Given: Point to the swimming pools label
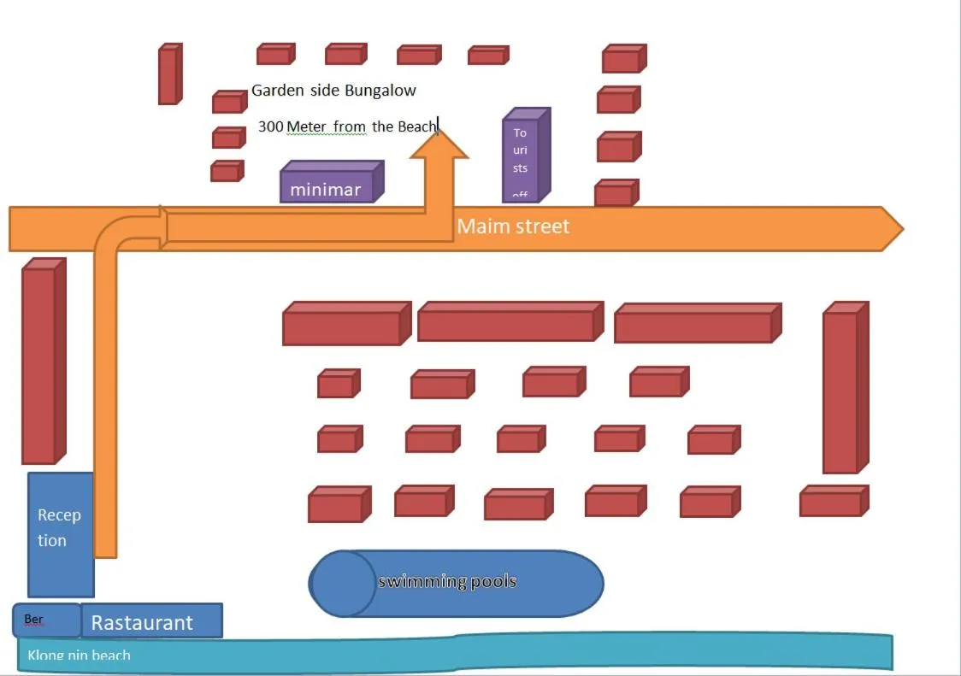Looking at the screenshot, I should pyautogui.click(x=447, y=582).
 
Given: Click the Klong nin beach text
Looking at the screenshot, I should pyautogui.click(x=80, y=655).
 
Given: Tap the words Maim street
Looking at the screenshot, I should pyautogui.click(x=513, y=226).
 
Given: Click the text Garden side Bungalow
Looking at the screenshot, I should pyautogui.click(x=333, y=90).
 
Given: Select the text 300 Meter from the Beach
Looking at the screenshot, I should pyautogui.click(x=347, y=126).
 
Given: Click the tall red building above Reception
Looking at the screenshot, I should pyautogui.click(x=39, y=364).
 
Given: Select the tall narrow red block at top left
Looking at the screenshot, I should pyautogui.click(x=168, y=75).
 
